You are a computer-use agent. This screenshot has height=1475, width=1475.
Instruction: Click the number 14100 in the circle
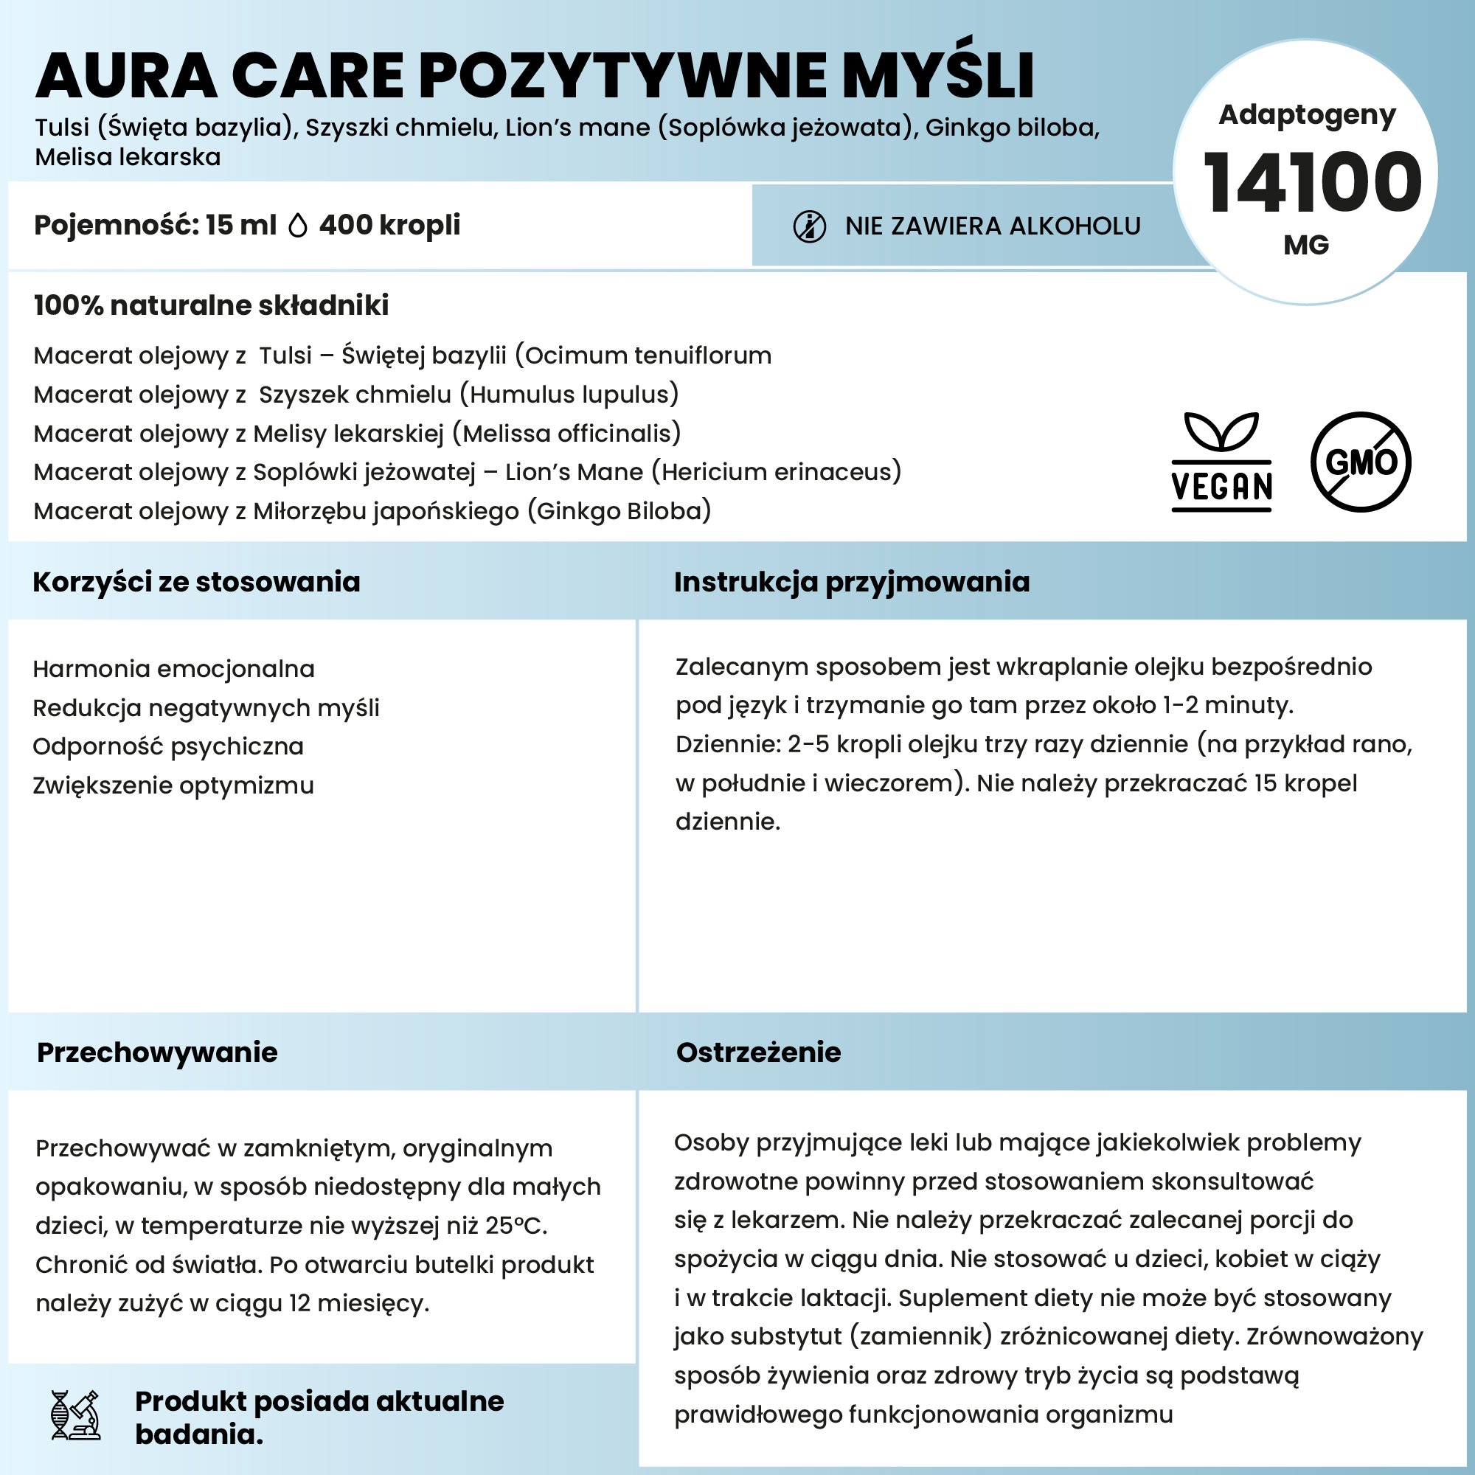(x=1311, y=183)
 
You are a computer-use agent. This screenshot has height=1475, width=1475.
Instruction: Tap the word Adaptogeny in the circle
(x=1307, y=114)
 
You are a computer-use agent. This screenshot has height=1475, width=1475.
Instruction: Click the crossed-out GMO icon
(x=1361, y=462)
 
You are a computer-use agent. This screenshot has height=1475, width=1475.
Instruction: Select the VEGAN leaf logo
(x=1221, y=462)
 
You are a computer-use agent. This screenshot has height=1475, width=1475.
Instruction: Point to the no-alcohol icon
(x=809, y=226)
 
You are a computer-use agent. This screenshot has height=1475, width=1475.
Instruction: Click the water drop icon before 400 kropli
(x=298, y=226)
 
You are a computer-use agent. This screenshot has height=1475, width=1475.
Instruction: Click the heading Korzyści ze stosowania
(x=196, y=582)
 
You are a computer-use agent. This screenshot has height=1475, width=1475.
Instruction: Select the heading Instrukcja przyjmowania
(x=851, y=582)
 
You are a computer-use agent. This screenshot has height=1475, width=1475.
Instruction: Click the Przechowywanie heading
(x=157, y=1052)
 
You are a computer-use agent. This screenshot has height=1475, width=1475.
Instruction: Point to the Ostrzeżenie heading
(x=758, y=1052)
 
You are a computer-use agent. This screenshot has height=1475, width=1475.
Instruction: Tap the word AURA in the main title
(x=127, y=77)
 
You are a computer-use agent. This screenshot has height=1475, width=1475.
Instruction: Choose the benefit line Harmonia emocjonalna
(x=173, y=669)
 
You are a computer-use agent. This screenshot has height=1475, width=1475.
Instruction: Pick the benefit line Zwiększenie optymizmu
(x=173, y=785)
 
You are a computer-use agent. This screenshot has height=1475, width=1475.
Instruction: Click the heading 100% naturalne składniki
(x=212, y=305)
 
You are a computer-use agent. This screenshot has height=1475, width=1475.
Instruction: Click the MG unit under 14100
(x=1306, y=245)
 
